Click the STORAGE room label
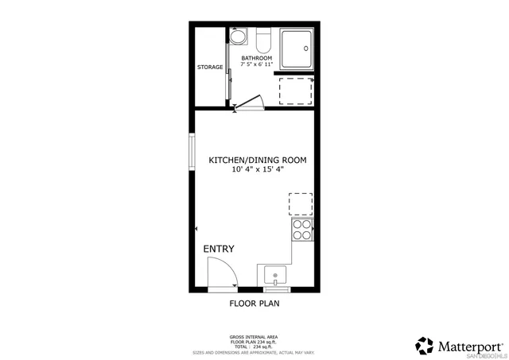[210, 67]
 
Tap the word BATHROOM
[257, 58]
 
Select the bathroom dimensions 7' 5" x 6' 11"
[257, 64]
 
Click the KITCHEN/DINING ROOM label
[257, 160]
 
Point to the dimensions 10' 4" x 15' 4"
[257, 169]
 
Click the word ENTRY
[219, 249]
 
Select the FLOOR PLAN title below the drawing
[254, 303]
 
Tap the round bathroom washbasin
[238, 37]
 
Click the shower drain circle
[305, 46]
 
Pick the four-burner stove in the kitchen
[302, 230]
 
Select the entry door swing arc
[223, 274]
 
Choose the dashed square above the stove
[301, 204]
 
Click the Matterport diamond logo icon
[425, 346]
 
